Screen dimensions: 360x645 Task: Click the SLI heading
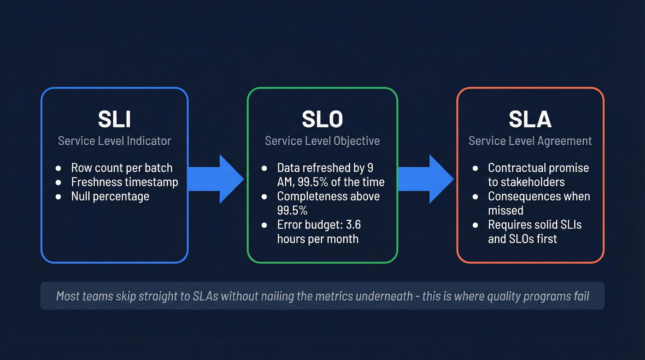click(114, 119)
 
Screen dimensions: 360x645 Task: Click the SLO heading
click(322, 119)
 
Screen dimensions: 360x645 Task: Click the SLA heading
click(530, 119)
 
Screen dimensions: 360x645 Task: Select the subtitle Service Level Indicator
click(114, 141)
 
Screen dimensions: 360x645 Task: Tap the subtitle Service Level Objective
click(322, 141)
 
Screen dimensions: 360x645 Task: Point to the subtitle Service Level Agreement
click(530, 141)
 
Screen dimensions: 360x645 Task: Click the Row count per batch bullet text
click(122, 168)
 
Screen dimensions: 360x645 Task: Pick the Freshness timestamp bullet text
click(124, 182)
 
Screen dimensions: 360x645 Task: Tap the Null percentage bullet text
click(110, 196)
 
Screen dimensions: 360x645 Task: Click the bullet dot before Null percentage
click(58, 197)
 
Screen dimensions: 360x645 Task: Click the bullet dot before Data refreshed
click(264, 168)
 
